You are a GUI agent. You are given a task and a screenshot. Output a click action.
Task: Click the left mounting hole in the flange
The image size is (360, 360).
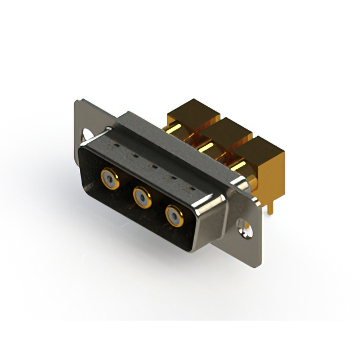coord(88,136)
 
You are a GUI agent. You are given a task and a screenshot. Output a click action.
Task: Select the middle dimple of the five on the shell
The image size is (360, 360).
coord(151,166)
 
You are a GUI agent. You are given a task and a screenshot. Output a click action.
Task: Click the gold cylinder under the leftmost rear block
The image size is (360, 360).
coord(175,130)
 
